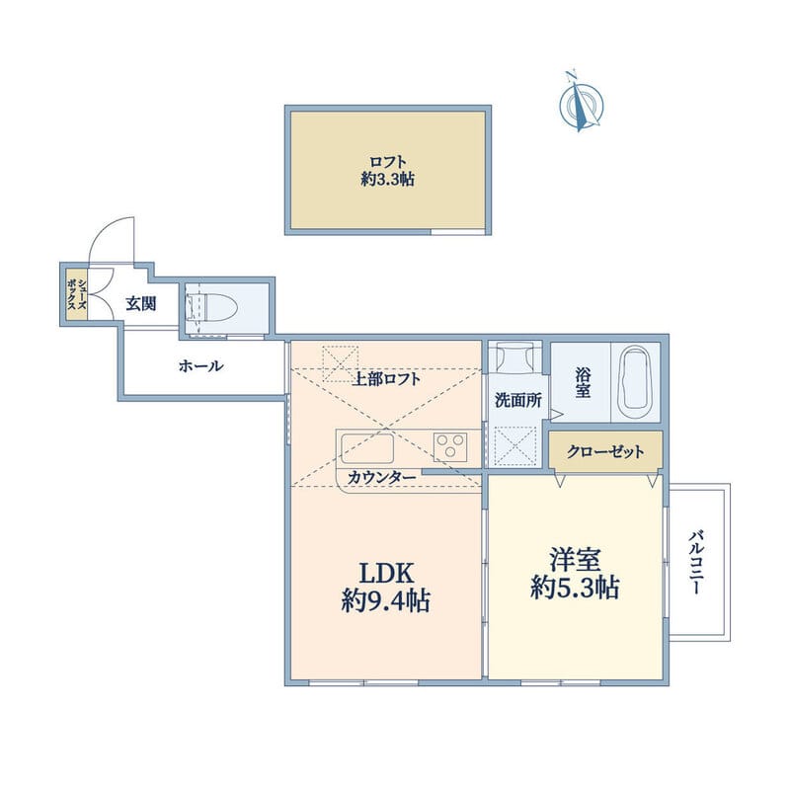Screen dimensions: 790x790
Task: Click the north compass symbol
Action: [x=582, y=103]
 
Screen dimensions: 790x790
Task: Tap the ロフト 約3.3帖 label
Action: [x=387, y=171]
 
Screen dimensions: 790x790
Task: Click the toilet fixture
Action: [x=212, y=307]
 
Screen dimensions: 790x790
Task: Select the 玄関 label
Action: [x=140, y=304]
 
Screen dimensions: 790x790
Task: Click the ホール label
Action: [x=200, y=365]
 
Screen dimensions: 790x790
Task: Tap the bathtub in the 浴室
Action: [x=635, y=381]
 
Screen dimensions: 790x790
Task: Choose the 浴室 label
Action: [x=583, y=383]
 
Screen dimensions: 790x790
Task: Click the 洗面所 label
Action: [x=517, y=401]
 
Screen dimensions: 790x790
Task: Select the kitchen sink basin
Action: [x=367, y=448]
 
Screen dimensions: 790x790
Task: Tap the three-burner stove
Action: [x=450, y=446]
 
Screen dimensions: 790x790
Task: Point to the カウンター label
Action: [x=382, y=477]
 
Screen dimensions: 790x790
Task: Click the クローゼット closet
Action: [x=605, y=451]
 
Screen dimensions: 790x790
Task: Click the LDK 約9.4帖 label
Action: [x=386, y=587]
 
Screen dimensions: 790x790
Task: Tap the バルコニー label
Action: [x=696, y=561]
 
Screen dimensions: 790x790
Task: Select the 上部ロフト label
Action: [x=385, y=379]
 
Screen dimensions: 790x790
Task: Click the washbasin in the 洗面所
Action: [x=513, y=356]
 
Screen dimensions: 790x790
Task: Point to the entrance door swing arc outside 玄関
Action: [x=112, y=239]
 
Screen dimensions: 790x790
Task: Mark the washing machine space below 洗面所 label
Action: [x=514, y=444]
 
